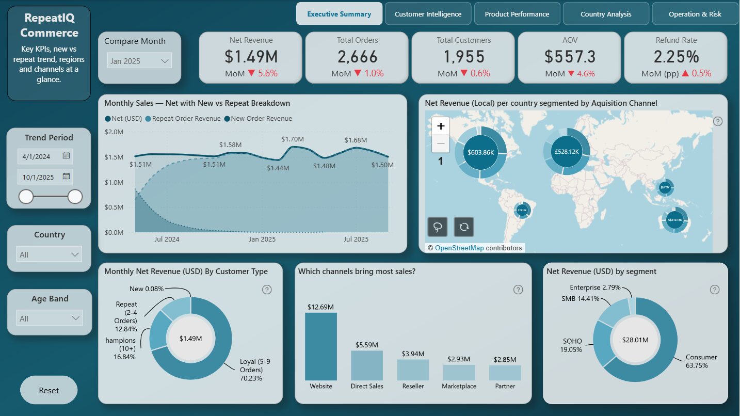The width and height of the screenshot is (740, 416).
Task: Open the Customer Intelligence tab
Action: pyautogui.click(x=428, y=14)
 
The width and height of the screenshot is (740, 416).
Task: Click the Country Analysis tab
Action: pyautogui.click(x=606, y=14)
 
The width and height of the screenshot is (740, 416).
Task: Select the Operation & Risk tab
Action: pyautogui.click(x=695, y=14)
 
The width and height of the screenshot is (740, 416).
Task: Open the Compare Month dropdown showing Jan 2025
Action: pyautogui.click(x=139, y=61)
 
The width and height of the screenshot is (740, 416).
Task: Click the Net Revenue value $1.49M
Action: pyautogui.click(x=251, y=56)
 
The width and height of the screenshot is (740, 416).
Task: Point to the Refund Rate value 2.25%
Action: pyautogui.click(x=676, y=56)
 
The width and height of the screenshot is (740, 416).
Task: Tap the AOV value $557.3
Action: pyautogui.click(x=570, y=56)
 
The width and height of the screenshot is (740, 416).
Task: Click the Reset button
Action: pyautogui.click(x=49, y=390)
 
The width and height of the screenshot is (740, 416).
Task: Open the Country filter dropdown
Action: pyautogui.click(x=50, y=254)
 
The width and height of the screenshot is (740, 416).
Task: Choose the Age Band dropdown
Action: pyautogui.click(x=50, y=318)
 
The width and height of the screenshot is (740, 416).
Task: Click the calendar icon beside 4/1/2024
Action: pyautogui.click(x=66, y=156)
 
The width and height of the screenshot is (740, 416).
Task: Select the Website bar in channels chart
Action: pyautogui.click(x=320, y=346)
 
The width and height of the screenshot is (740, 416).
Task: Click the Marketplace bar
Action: pyautogui.click(x=459, y=372)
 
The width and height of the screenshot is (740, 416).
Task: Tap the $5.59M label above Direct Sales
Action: pyautogui.click(x=367, y=344)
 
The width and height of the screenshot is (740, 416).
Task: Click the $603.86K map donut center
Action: pyautogui.click(x=480, y=153)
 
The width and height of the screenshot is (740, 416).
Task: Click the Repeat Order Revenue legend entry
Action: pyautogui.click(x=186, y=119)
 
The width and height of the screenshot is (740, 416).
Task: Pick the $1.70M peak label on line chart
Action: pyautogui.click(x=293, y=139)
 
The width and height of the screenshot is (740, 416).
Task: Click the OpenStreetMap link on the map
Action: pyautogui.click(x=459, y=248)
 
